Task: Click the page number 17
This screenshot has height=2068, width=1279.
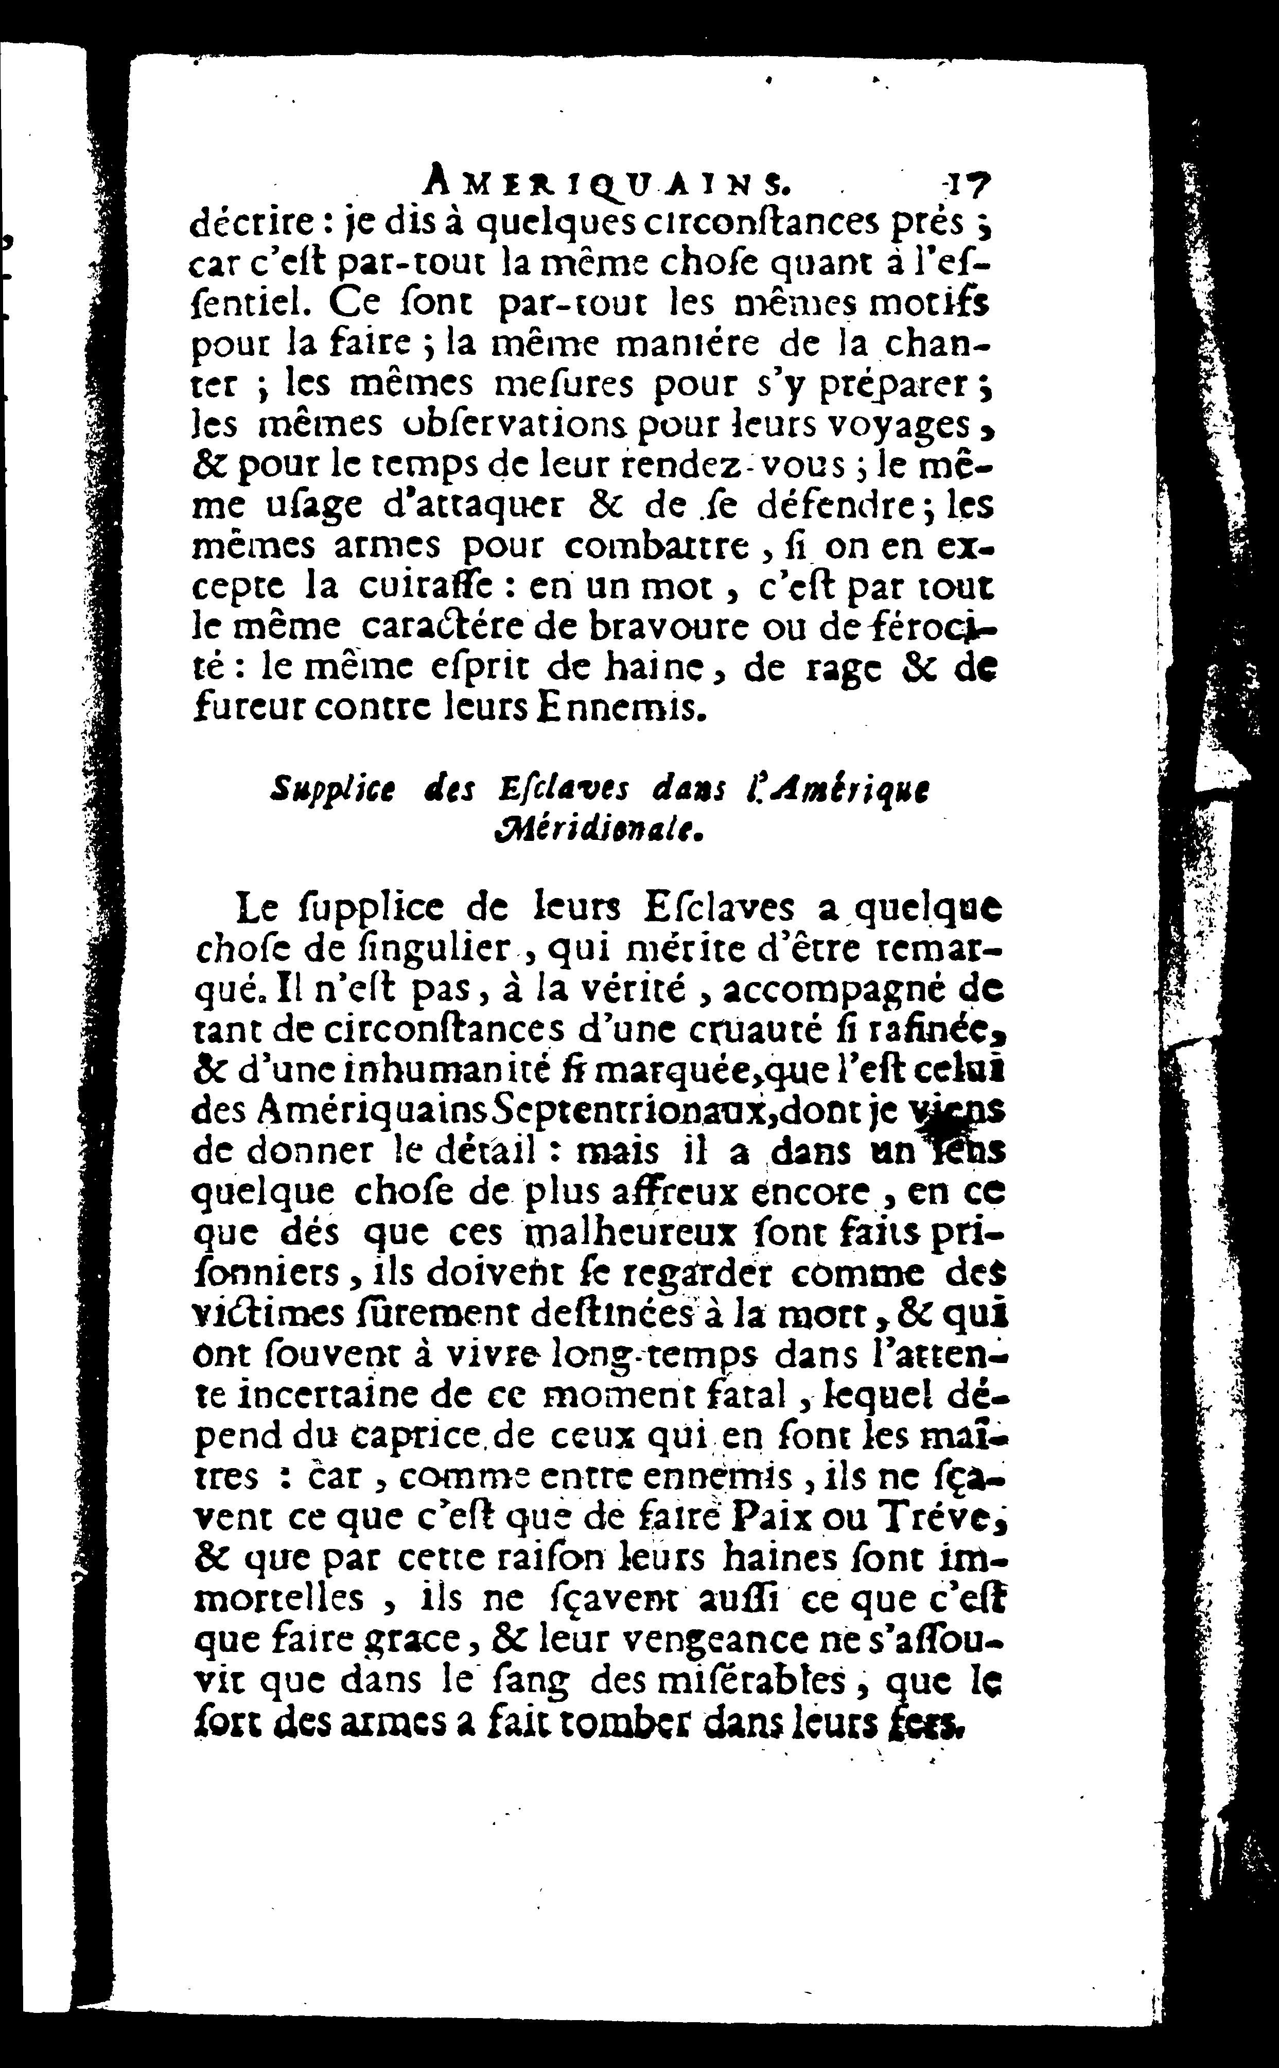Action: pyautogui.click(x=968, y=182)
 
